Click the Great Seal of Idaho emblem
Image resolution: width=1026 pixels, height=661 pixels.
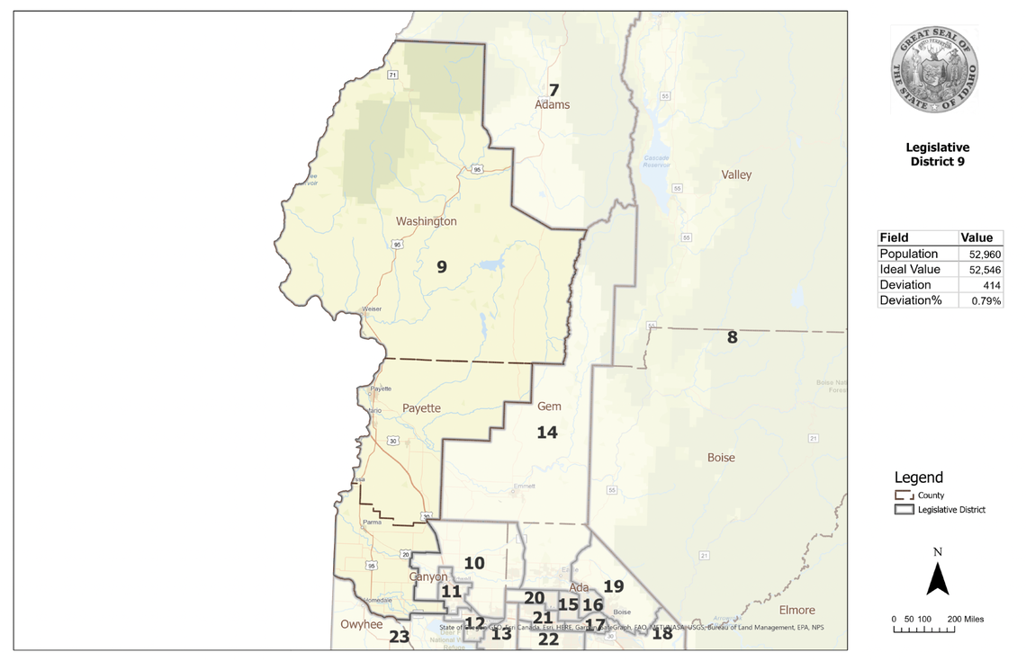934,70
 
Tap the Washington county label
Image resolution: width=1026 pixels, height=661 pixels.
427,221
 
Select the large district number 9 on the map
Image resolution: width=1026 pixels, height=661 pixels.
441,267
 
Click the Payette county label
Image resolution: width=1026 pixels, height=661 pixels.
421,408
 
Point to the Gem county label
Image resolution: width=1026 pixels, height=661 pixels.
549,407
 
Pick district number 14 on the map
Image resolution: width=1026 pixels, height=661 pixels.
547,433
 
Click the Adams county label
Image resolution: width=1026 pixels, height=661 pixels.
553,105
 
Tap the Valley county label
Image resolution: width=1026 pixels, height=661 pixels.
736,174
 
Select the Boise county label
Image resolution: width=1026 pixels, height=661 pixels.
721,458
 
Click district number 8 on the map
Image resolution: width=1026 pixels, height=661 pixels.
732,338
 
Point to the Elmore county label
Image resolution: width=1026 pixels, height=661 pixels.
796,610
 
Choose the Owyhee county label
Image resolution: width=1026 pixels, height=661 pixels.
362,624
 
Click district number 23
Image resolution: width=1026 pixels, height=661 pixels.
400,637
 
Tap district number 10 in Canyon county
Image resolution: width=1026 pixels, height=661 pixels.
474,564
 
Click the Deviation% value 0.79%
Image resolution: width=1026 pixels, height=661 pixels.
986,300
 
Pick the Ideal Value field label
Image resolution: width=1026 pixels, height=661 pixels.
910,270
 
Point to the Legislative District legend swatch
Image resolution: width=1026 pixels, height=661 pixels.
904,510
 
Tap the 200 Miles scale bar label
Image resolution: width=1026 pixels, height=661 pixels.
966,620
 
